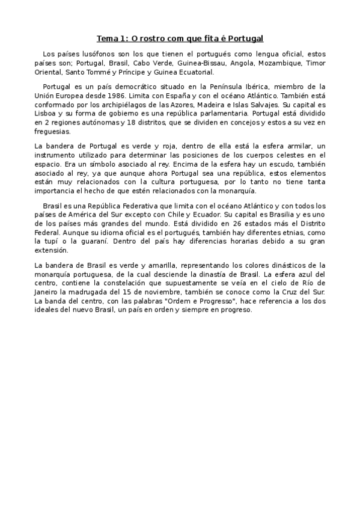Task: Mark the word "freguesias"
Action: (53, 131)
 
